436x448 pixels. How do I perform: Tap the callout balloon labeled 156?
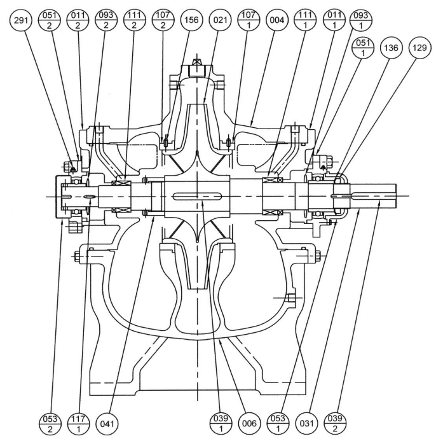(191, 20)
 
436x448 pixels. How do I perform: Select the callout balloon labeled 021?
(221, 20)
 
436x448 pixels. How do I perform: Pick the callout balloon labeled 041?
(109, 422)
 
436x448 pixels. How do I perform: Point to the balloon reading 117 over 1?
(78, 422)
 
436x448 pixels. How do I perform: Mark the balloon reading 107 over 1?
(250, 20)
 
